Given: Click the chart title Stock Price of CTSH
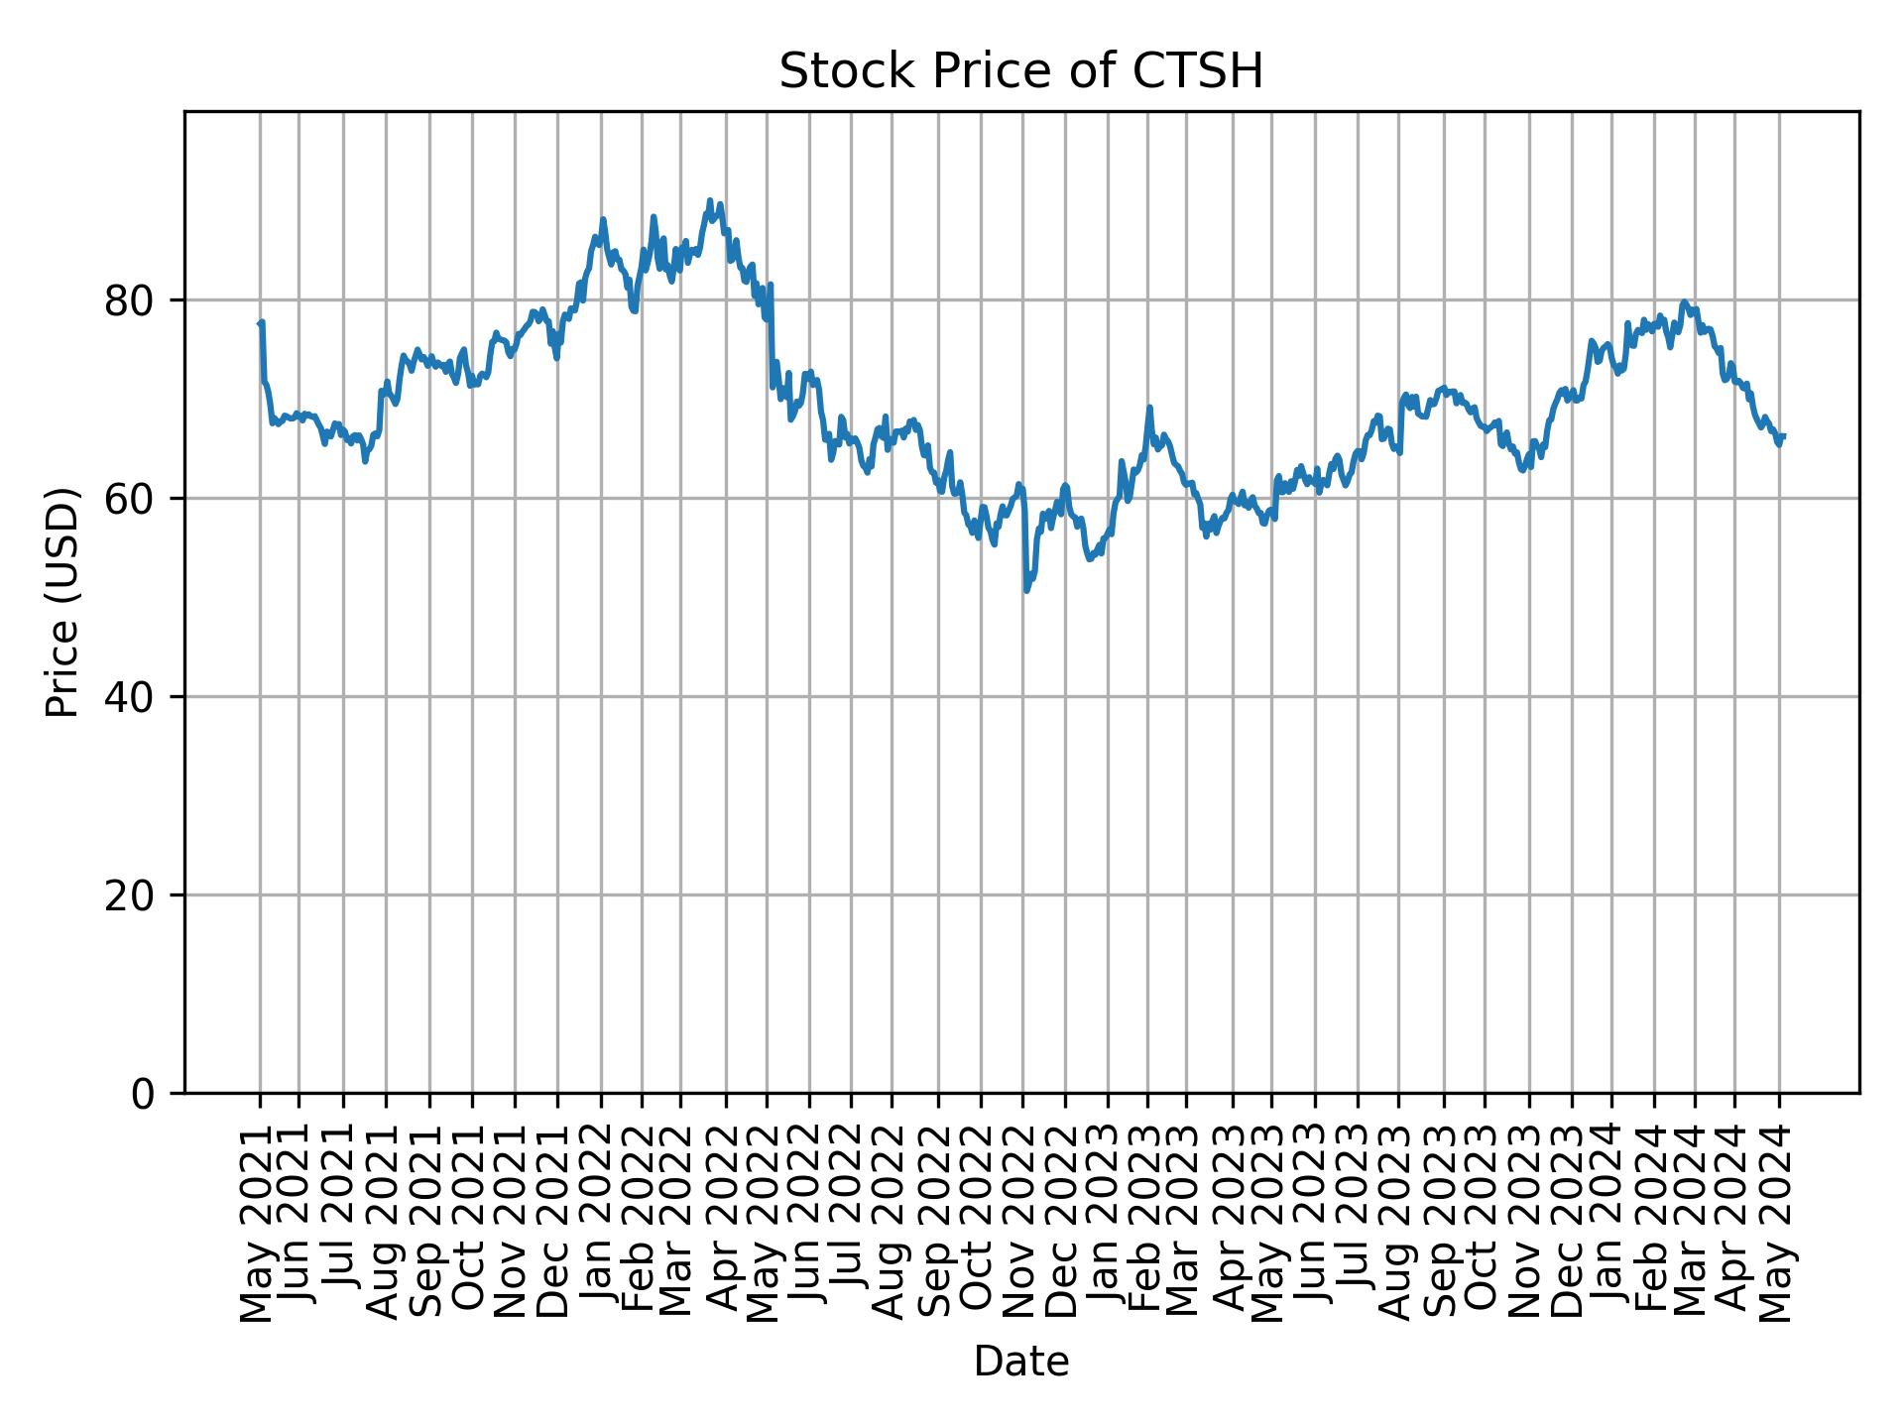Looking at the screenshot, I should [x=1020, y=71].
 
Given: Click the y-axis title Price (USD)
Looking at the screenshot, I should [x=62, y=602].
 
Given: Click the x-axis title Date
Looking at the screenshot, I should [x=1020, y=1362].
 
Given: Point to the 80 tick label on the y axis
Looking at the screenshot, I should [x=129, y=300].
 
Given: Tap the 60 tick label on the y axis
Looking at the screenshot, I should [x=129, y=499].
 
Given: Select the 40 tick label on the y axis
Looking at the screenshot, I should [x=129, y=697].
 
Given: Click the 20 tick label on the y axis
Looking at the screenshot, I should [x=129, y=895].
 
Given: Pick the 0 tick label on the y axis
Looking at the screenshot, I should [x=143, y=1094].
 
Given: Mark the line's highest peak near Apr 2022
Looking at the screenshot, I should [x=709, y=200].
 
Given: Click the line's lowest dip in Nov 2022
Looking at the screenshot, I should [x=1026, y=591].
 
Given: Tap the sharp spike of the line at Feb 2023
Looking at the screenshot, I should [x=1149, y=407].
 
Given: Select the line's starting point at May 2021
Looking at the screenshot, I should [x=260, y=323].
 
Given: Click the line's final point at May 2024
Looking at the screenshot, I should [x=1783, y=436].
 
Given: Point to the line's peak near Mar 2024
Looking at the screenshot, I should [x=1684, y=301].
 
